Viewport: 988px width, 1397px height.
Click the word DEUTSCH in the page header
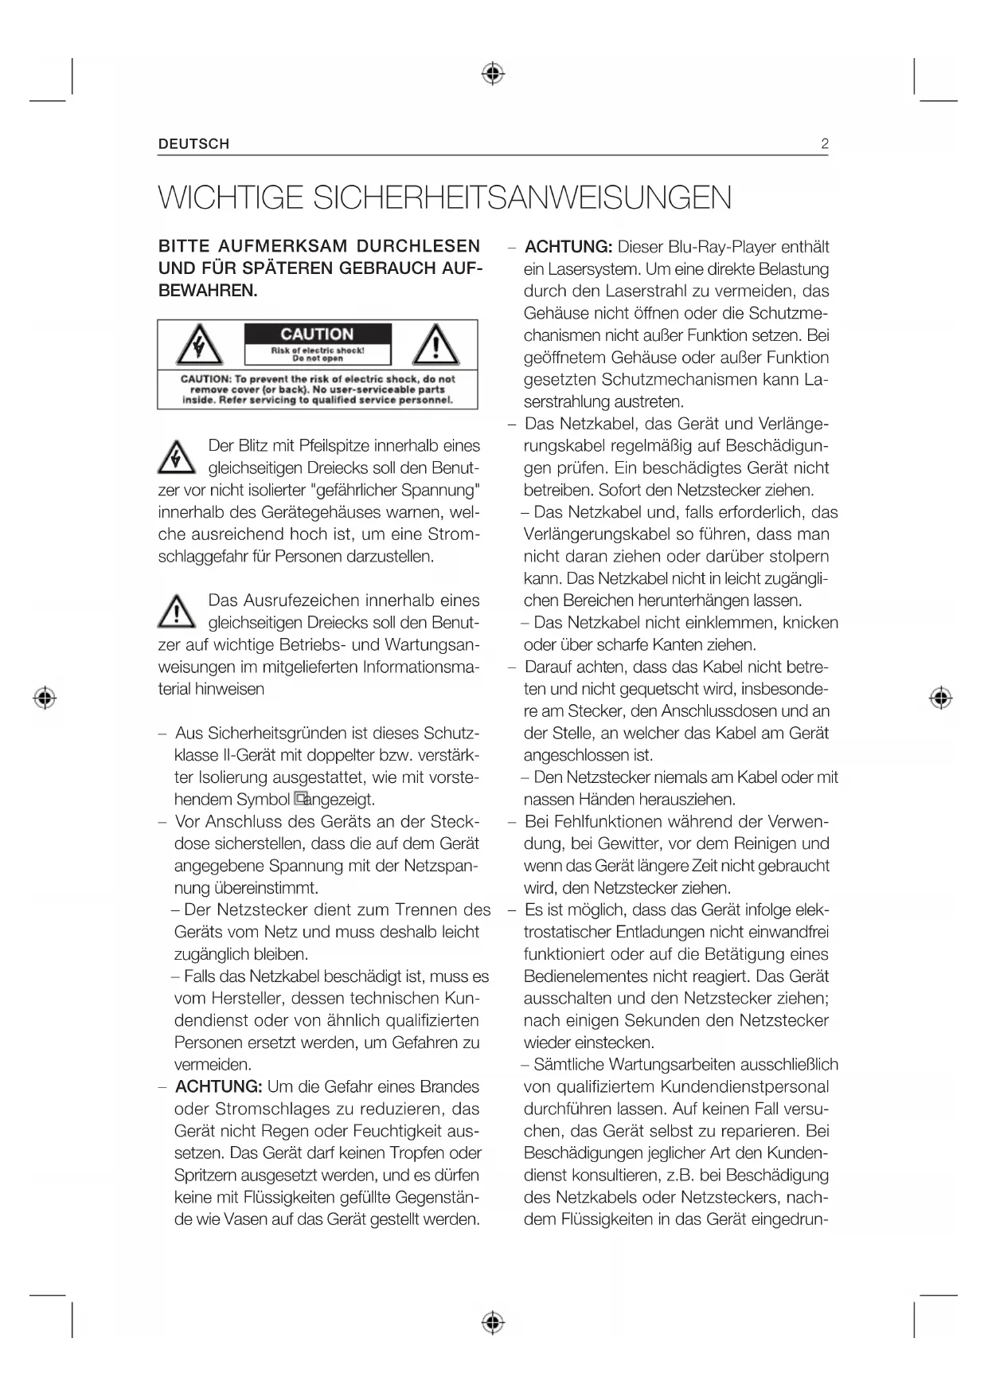(193, 144)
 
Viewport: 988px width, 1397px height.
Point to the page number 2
(824, 144)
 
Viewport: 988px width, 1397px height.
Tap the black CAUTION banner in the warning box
(317, 335)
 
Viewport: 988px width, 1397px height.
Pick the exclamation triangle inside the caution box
(435, 345)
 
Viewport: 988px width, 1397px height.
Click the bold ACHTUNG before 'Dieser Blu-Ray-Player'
(568, 247)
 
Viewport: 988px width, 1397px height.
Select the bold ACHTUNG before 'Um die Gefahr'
(218, 1086)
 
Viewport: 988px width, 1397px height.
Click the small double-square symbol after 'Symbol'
(299, 798)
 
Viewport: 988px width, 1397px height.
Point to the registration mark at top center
(494, 74)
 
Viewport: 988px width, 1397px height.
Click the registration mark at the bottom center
(494, 1323)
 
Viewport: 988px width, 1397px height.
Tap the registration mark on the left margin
(45, 698)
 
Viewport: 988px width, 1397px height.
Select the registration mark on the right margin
(941, 698)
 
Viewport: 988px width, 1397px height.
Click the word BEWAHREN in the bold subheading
(208, 292)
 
